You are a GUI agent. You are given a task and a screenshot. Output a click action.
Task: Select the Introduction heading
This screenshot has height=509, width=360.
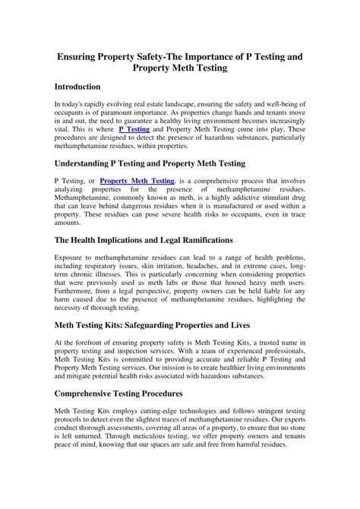pos(83,87)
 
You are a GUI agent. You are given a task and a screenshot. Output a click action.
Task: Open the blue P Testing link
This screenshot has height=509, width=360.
pos(134,130)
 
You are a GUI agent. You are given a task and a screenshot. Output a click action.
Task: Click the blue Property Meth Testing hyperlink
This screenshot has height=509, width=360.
pos(137,181)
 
